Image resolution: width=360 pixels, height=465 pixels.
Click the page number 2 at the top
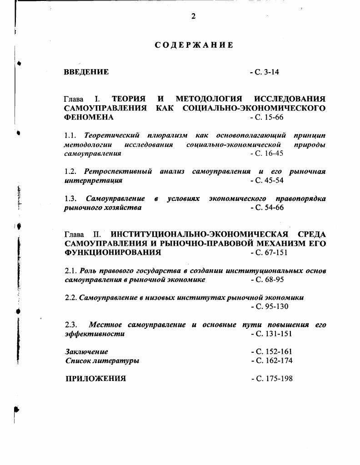193,16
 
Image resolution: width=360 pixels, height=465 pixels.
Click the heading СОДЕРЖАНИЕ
194,45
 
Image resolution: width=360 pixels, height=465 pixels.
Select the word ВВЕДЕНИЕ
86,72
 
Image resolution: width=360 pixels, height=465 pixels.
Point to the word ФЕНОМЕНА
89,117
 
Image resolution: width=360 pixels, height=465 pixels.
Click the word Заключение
86,351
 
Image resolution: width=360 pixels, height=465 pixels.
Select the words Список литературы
102,361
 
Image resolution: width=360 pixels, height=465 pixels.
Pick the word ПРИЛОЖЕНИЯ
95,378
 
